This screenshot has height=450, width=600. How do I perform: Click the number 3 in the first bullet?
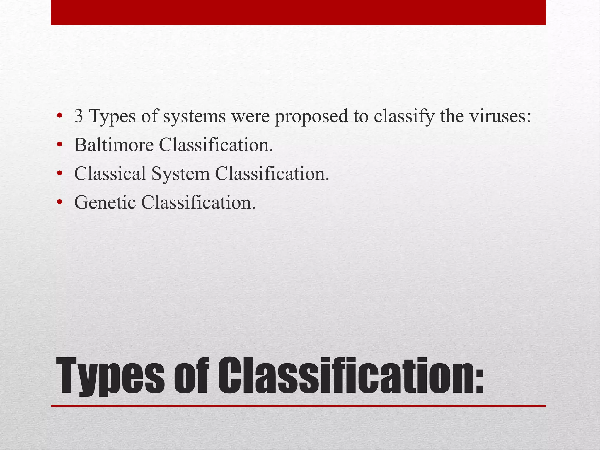pos(79,116)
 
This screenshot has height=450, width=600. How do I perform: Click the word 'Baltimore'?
pos(114,145)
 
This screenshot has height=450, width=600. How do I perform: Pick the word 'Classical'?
pos(110,173)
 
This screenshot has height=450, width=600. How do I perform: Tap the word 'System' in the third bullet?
pos(180,174)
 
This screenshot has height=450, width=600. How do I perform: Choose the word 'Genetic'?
pos(105,202)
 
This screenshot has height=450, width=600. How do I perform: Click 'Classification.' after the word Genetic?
pos(198,202)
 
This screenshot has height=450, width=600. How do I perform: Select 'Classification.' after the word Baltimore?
pos(216,145)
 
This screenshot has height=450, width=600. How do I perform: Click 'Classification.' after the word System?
pos(272,173)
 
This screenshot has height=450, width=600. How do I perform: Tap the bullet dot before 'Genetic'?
pos(60,202)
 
